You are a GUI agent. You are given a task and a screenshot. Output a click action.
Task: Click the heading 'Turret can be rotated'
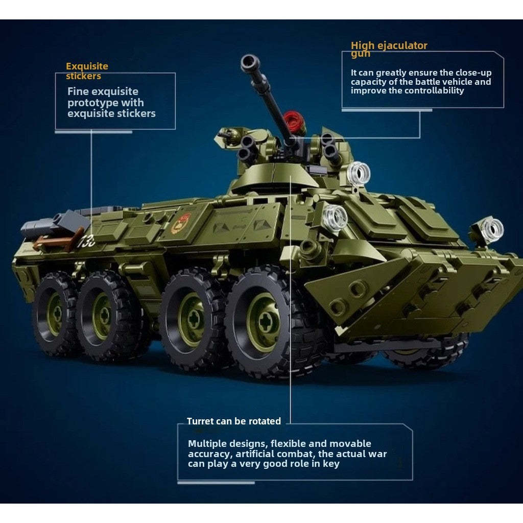(x=234, y=421)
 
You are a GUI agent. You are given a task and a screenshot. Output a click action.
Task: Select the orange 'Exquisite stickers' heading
(x=87, y=71)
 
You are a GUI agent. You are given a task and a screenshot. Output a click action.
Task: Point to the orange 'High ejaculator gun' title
(x=389, y=49)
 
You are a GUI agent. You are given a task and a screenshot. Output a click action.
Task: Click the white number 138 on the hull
(x=86, y=241)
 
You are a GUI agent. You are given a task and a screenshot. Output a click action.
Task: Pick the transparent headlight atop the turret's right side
(x=359, y=174)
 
